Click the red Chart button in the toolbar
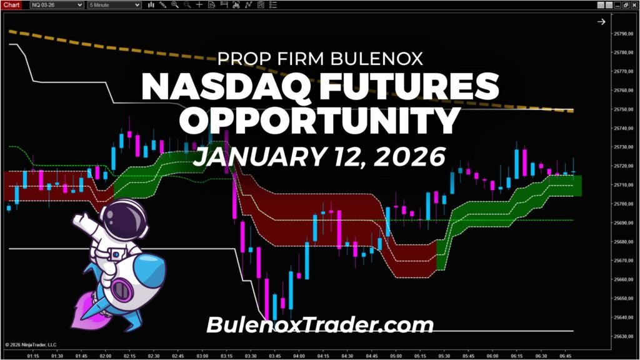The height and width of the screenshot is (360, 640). coord(12,4)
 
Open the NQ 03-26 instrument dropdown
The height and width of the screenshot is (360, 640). coord(57,4)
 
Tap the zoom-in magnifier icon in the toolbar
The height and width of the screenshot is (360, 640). coord(174,4)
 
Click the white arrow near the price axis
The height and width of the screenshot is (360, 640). coord(601,22)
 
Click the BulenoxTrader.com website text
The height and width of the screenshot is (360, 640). coord(319,325)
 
